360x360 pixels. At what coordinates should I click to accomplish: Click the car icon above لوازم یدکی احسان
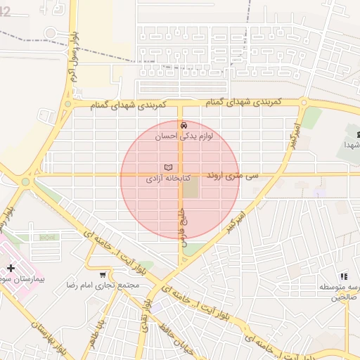184,125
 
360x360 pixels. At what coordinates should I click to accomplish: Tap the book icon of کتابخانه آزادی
167,167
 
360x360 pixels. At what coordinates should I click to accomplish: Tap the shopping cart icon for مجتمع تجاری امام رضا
103,275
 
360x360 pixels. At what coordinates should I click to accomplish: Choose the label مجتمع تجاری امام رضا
103,286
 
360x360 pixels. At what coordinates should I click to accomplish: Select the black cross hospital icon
11,268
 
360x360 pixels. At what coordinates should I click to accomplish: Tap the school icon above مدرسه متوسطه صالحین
343,276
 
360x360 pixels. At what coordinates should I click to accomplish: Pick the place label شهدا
352,144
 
